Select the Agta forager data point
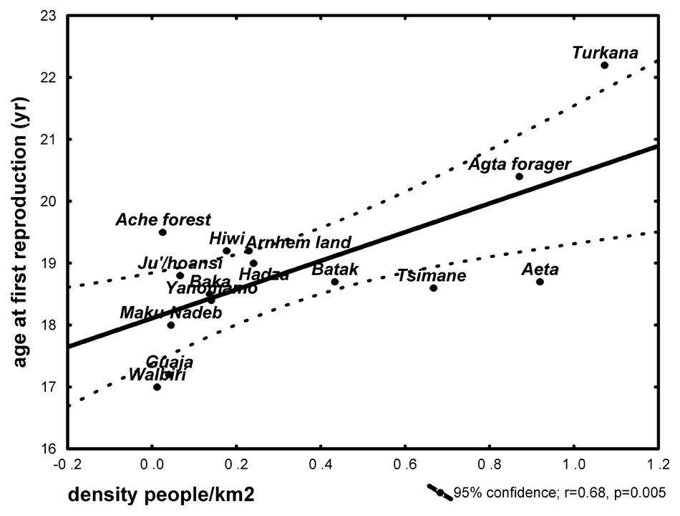519,176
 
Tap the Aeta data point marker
540,282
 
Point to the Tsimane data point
433,287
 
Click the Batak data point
334,282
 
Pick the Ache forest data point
162,232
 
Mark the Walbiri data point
157,387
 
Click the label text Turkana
605,52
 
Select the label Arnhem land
298,242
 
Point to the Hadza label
264,274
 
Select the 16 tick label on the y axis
46,449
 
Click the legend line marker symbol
439,492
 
